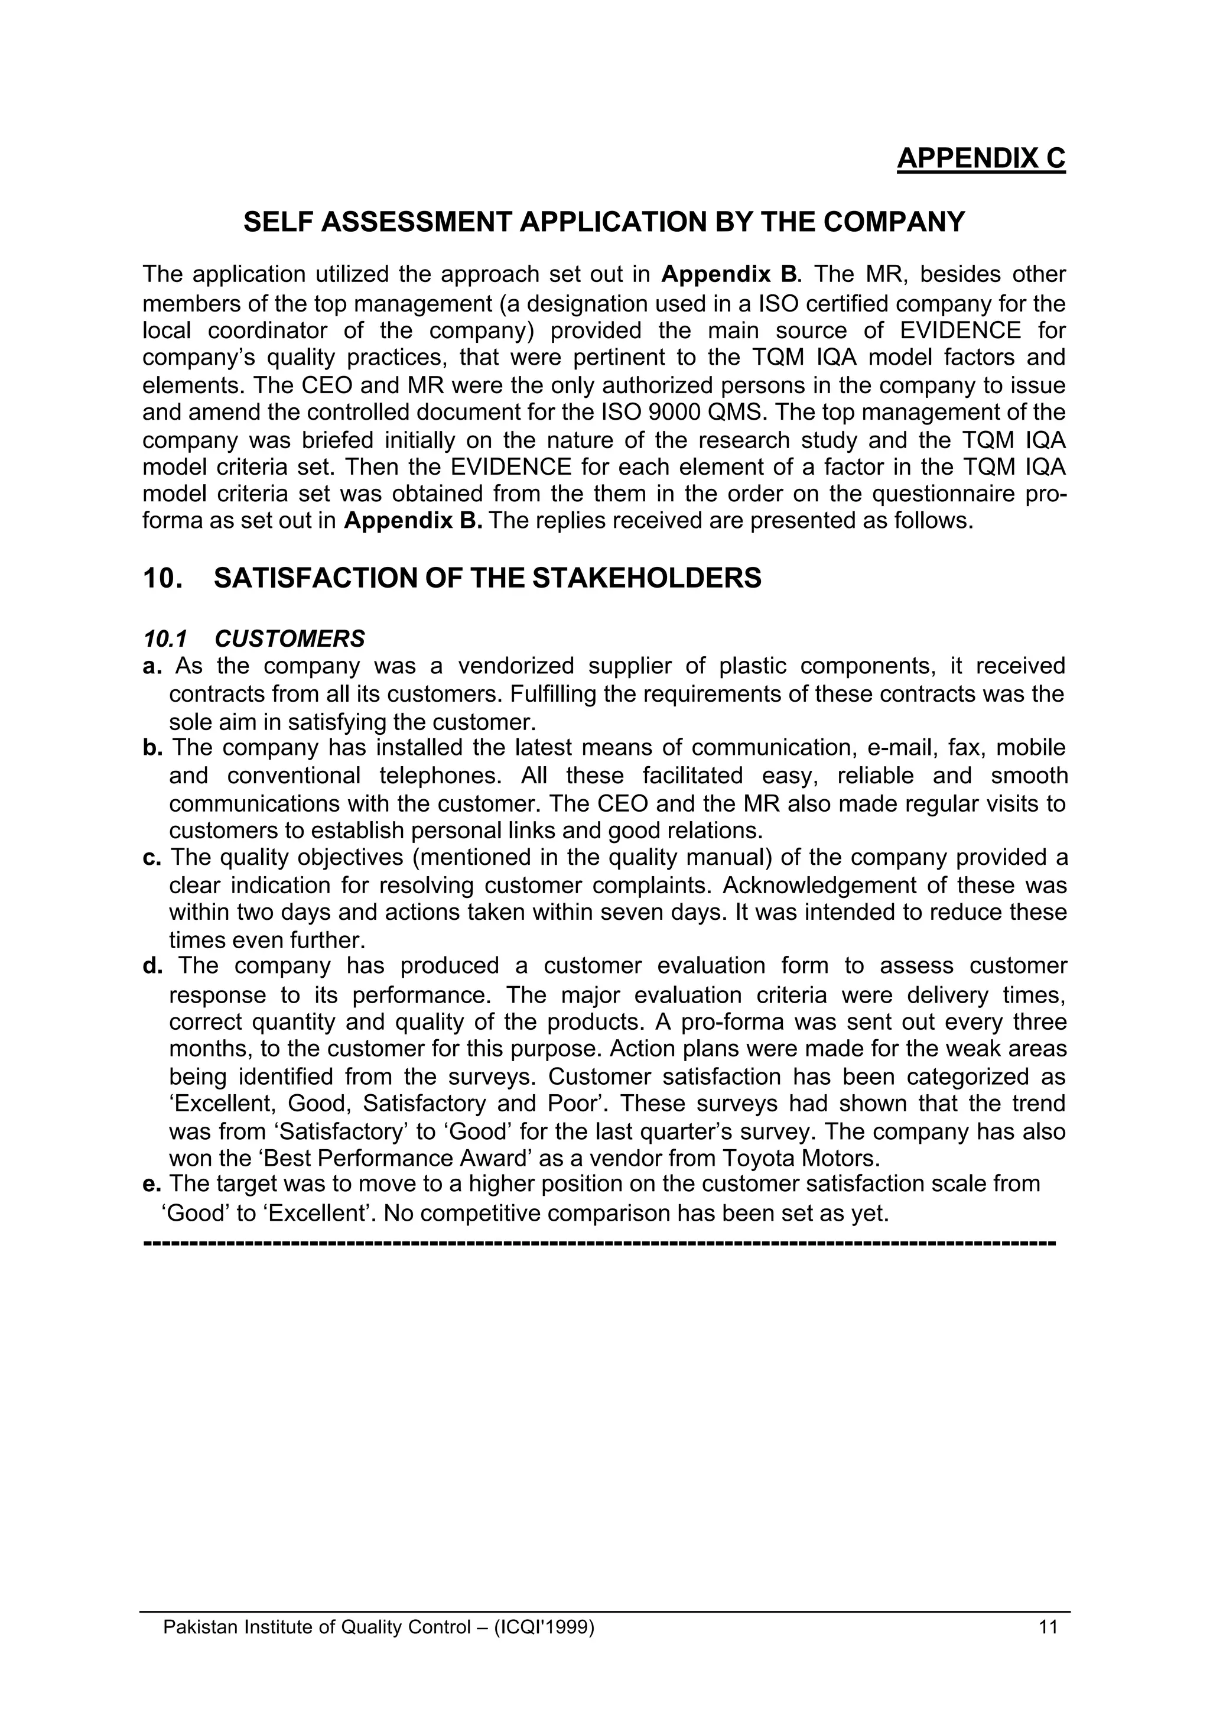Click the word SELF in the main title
click(277, 222)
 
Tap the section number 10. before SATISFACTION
click(162, 578)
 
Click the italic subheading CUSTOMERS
click(290, 639)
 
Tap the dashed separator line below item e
click(599, 1243)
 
